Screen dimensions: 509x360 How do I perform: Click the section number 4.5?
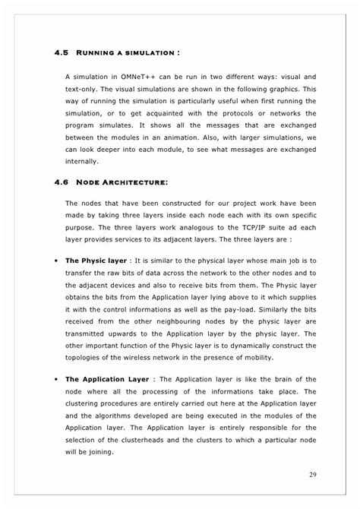tap(62, 52)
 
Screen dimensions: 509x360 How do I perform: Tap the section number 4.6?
tap(62, 183)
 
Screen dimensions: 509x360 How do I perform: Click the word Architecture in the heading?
tap(135, 183)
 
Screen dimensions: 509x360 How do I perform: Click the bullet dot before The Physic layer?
tap(58, 261)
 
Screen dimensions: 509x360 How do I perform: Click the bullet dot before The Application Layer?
tap(58, 379)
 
